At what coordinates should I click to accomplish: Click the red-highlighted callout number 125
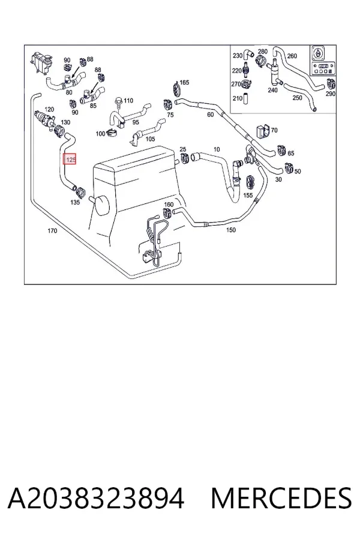(x=70, y=159)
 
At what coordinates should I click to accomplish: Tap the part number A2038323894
(x=96, y=499)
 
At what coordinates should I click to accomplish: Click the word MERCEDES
(x=281, y=499)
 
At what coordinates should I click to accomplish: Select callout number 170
(x=52, y=231)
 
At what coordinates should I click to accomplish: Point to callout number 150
(x=231, y=230)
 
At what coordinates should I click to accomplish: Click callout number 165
(x=184, y=83)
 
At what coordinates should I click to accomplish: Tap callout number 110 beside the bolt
(x=128, y=101)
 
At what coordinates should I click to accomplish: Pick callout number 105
(x=150, y=139)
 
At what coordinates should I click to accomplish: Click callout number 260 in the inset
(x=292, y=56)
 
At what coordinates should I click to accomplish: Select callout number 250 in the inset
(x=297, y=98)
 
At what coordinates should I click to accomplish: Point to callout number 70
(x=274, y=130)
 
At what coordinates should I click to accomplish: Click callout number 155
(x=248, y=195)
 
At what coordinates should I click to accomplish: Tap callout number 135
(x=75, y=203)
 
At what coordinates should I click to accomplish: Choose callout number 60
(x=210, y=115)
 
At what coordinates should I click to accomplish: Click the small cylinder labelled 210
(x=245, y=98)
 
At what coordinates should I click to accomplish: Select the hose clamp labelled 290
(x=331, y=83)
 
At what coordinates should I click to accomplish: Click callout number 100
(x=100, y=134)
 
